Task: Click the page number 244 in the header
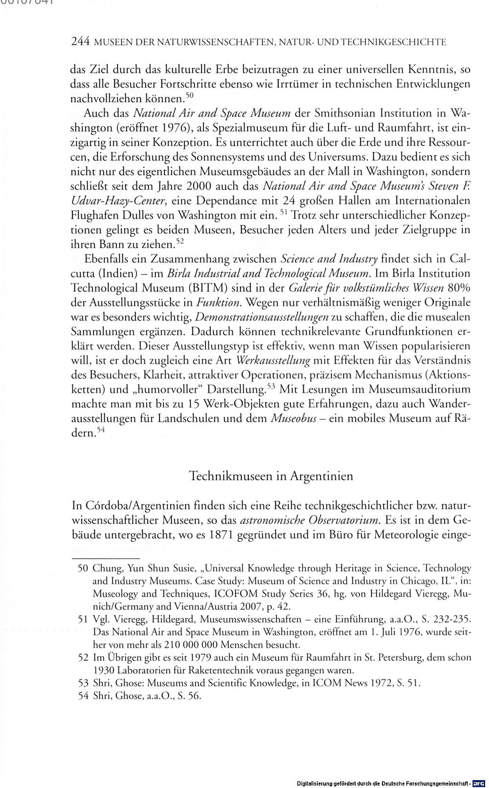pos(79,42)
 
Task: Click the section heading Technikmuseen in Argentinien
pos(271,476)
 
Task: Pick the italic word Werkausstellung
pos(273,361)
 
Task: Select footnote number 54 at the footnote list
pos(82,695)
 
